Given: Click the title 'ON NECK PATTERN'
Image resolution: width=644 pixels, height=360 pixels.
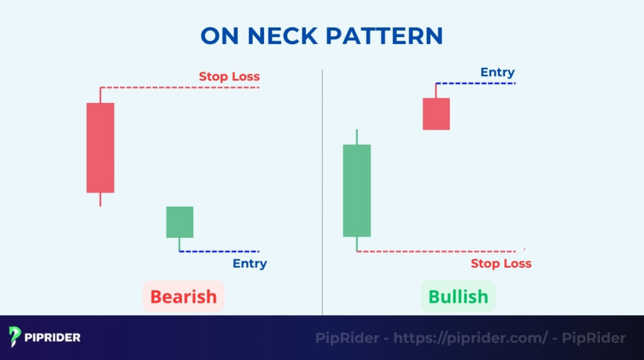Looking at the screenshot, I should pyautogui.click(x=321, y=36).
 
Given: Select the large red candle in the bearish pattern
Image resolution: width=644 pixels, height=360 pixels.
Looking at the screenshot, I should pyautogui.click(x=101, y=147).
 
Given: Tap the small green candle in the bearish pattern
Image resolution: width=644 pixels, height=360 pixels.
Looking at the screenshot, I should pyautogui.click(x=179, y=222).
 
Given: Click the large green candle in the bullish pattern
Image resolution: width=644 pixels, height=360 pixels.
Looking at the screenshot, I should pyautogui.click(x=357, y=190).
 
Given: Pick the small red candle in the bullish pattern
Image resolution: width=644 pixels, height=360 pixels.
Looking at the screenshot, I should pyautogui.click(x=436, y=113).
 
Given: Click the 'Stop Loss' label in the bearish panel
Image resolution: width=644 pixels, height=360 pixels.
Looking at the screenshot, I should pyautogui.click(x=229, y=77).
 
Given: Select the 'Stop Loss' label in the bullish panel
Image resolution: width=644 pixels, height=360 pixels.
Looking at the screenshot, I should pyautogui.click(x=501, y=264).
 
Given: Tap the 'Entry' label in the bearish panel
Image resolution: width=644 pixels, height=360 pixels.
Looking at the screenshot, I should pyautogui.click(x=250, y=264).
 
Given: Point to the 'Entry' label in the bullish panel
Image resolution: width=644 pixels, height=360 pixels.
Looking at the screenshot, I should pyautogui.click(x=497, y=72).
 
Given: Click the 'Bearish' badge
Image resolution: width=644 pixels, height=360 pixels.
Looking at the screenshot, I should pyautogui.click(x=183, y=296).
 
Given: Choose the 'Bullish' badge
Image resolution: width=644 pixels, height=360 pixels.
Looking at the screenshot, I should pyautogui.click(x=458, y=296).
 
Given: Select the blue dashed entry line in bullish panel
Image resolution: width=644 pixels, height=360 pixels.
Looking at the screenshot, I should pyautogui.click(x=475, y=83).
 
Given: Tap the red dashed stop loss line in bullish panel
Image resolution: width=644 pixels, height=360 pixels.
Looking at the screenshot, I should pyautogui.click(x=440, y=251).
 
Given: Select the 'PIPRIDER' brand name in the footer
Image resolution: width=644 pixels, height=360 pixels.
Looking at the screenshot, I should pyautogui.click(x=53, y=337).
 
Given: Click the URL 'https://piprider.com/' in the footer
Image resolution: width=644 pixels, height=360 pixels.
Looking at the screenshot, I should pyautogui.click(x=471, y=338).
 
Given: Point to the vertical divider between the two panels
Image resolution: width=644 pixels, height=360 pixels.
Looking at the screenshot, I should pyautogui.click(x=322, y=189).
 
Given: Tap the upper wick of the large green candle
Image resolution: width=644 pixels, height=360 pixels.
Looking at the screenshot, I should pyautogui.click(x=357, y=137).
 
